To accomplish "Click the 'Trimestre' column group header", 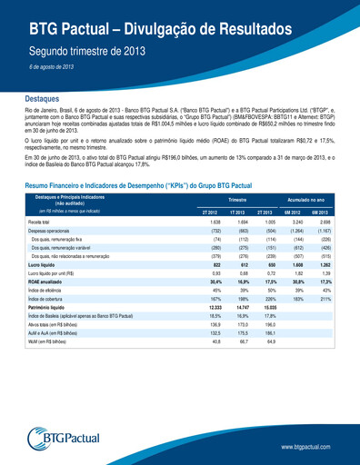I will pyautogui.click(x=238, y=198).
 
